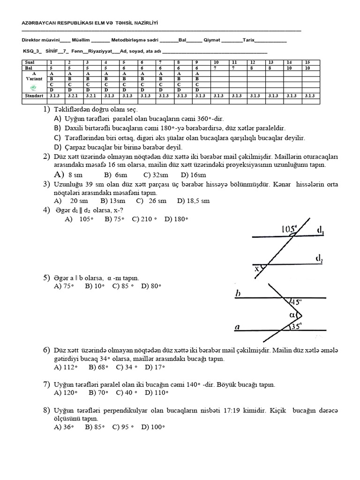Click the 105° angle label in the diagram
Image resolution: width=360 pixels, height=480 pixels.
click(290, 229)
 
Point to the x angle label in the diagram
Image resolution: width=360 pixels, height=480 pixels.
click(257, 269)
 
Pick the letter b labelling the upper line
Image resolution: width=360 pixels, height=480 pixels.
click(238, 294)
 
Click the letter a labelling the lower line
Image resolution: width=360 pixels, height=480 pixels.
click(238, 328)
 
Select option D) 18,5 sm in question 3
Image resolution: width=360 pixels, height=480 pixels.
click(193, 201)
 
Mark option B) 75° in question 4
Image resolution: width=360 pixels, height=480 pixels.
click(115, 218)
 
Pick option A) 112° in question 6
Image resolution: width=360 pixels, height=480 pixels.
click(66, 367)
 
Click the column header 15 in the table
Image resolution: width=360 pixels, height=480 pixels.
click(307, 62)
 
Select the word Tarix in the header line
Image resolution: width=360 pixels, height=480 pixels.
click(249, 40)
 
